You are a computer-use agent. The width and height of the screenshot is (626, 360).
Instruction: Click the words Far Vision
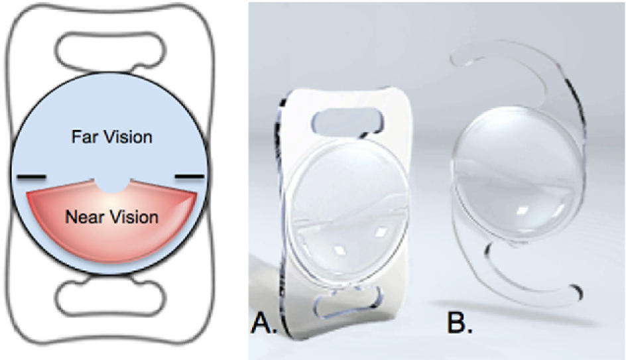111,138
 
